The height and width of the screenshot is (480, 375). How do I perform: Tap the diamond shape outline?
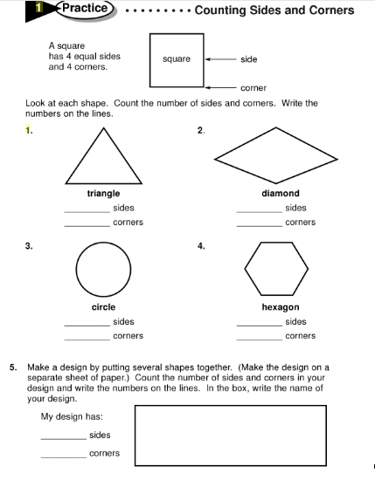[x=280, y=155]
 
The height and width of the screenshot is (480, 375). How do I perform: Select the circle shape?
[x=103, y=268]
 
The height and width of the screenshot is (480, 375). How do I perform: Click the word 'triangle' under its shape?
[x=103, y=194]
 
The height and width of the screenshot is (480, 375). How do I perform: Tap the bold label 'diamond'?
[x=280, y=194]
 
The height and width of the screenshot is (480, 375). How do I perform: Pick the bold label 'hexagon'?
[x=280, y=307]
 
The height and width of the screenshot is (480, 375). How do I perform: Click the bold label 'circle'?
[x=103, y=307]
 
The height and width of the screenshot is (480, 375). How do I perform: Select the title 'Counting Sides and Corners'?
[x=274, y=10]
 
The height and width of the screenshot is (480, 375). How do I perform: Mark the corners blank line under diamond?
[x=260, y=227]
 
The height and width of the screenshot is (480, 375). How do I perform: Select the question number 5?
[x=13, y=368]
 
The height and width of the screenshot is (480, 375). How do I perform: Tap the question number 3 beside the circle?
[x=30, y=246]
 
